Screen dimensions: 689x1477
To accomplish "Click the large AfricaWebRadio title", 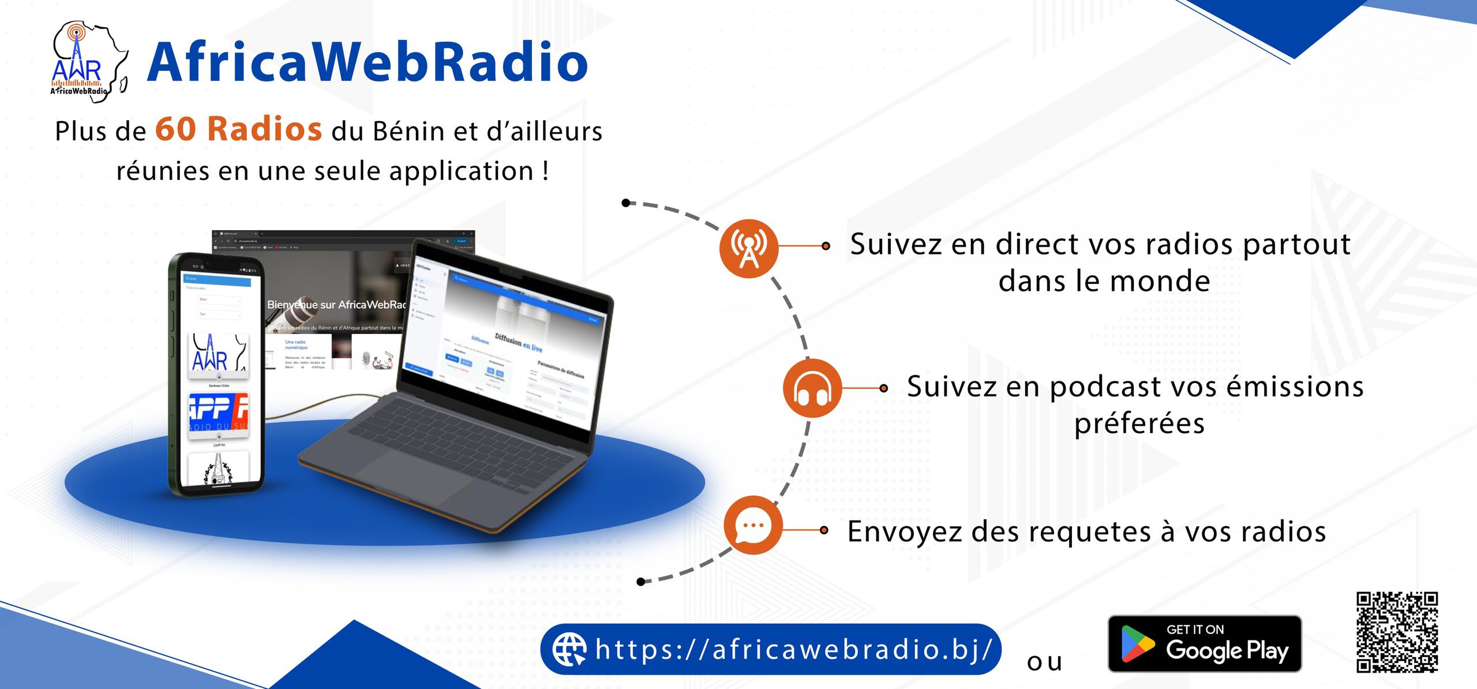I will (368, 62).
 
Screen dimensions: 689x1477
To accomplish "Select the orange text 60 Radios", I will (238, 129).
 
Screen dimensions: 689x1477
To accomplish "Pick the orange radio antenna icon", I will (748, 248).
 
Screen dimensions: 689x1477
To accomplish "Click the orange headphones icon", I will (811, 388).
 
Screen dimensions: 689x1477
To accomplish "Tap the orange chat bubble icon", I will (753, 525).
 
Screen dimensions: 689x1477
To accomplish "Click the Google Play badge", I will (1205, 643).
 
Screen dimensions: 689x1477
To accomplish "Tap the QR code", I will (1396, 632).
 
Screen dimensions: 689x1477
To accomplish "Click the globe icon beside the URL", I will (569, 649).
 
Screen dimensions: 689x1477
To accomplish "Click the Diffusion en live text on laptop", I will (518, 340).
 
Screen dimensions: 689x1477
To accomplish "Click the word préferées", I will (1139, 424).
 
